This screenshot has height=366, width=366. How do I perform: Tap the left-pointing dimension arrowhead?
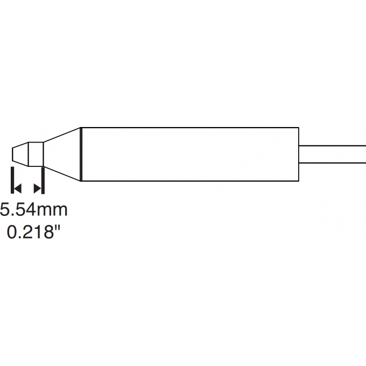coord(17,188)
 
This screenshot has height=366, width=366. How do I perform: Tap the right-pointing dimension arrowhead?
coord(38,188)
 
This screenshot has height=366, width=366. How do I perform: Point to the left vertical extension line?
coord(12,180)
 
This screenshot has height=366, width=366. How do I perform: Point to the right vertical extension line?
coord(43,180)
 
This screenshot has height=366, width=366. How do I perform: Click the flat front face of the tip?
coord(12,153)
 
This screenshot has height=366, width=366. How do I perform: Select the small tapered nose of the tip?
coord(20,153)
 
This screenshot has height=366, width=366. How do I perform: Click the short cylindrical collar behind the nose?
coord(35,153)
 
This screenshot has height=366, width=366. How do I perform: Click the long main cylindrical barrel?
coord(188,154)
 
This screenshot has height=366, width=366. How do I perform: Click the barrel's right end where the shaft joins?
coord(299,154)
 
